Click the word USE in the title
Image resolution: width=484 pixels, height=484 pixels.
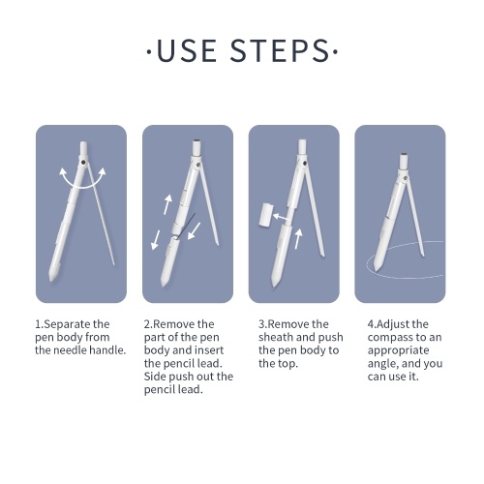pos(187,50)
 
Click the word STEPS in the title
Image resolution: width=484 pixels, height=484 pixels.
pos(280,50)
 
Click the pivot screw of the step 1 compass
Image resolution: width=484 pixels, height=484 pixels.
pos(84,163)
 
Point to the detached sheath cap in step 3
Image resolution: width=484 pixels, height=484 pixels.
pos(266,214)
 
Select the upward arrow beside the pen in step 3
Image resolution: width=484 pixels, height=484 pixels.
pos(298,239)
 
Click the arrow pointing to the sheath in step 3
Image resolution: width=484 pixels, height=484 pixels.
pos(281,217)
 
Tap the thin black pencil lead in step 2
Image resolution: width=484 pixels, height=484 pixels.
pos(187,226)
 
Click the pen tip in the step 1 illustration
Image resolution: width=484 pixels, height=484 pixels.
pos(51,278)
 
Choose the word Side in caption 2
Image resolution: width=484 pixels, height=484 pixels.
pos(155,377)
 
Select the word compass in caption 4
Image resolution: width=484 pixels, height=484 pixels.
pos(391,338)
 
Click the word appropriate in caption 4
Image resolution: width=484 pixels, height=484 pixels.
pos(399,350)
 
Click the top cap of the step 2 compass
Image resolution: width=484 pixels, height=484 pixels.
pos(197,147)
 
